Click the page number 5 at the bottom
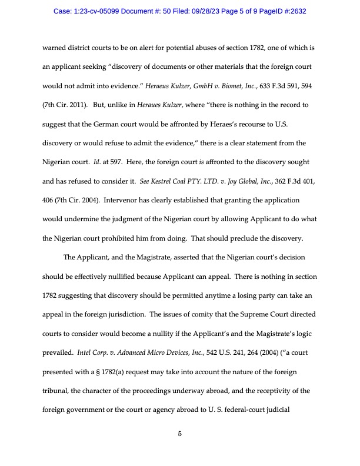(x=179, y=434)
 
